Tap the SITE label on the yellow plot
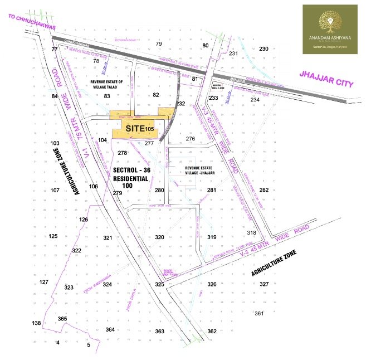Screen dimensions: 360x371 tap(135, 129)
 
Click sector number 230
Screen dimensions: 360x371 tap(264, 49)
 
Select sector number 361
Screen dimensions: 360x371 tap(258, 313)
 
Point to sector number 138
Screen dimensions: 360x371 tap(37, 323)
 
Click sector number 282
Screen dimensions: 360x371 tap(264, 191)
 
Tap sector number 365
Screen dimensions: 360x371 tap(62, 319)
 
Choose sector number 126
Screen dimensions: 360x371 tap(84, 220)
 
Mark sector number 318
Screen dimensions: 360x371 tap(251, 232)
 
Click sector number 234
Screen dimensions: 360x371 tap(255, 100)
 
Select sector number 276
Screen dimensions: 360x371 tap(191, 138)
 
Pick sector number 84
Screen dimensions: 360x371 tap(55, 96)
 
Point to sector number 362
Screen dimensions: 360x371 tap(212, 332)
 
